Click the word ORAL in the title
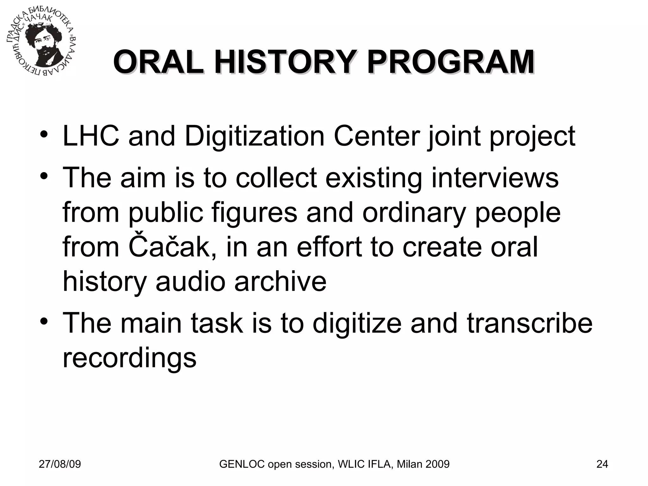159,62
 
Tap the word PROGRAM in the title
451,62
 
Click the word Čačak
169,246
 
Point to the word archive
280,281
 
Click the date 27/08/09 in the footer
60,464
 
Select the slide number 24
602,464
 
